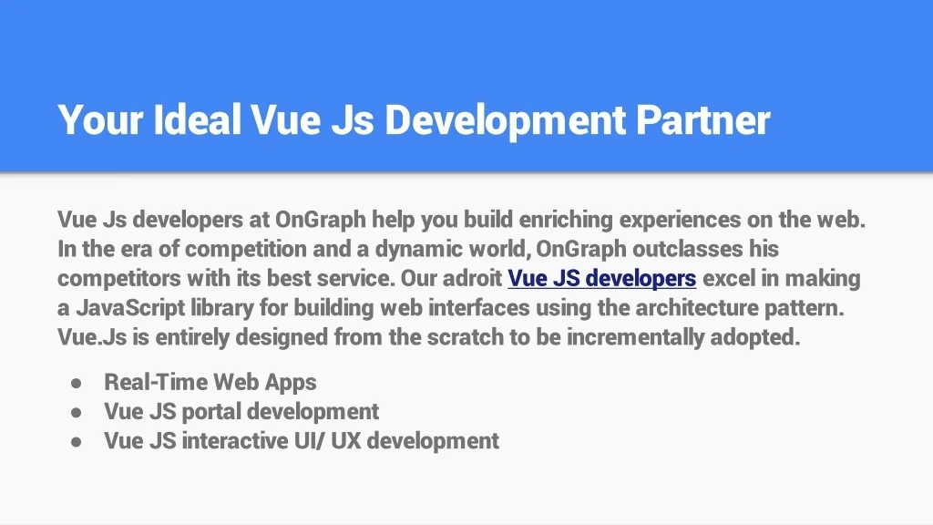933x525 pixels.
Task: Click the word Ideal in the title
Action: [197, 119]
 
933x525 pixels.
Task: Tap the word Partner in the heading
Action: [702, 119]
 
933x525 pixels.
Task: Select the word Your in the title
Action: [100, 119]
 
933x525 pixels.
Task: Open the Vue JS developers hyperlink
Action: [601, 278]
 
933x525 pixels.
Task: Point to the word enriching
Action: [566, 219]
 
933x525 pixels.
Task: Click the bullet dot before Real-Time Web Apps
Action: [77, 383]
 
